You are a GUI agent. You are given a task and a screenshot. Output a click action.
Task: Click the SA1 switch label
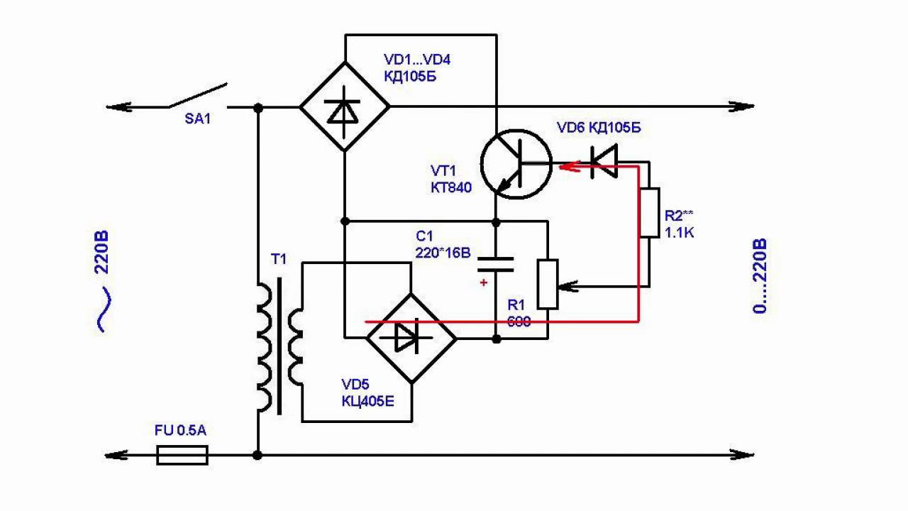197,119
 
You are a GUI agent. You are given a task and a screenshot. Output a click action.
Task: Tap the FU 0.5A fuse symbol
182,455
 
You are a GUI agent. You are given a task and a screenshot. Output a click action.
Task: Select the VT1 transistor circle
516,164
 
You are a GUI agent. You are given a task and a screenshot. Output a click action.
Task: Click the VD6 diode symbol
604,161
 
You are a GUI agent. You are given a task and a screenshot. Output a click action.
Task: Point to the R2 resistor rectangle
649,212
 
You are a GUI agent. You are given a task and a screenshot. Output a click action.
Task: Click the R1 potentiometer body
547,284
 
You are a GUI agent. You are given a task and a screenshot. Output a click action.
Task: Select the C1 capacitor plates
495,265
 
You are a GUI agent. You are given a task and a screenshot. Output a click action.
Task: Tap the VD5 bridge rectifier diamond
411,338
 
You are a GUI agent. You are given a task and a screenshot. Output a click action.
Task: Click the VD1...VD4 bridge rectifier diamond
345,106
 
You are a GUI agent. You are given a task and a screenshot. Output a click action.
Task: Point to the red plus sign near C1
484,282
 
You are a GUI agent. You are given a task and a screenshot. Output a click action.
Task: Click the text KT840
450,187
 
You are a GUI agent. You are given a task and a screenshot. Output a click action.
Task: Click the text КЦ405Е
367,401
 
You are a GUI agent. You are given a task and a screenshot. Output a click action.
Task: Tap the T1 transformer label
278,259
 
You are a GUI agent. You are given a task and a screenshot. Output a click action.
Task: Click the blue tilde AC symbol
104,309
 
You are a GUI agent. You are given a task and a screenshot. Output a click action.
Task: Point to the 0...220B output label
760,277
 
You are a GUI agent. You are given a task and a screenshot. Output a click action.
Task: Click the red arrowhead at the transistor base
565,167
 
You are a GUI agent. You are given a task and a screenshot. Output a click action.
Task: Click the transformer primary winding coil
263,348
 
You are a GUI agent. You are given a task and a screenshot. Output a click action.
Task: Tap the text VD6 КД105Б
599,128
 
